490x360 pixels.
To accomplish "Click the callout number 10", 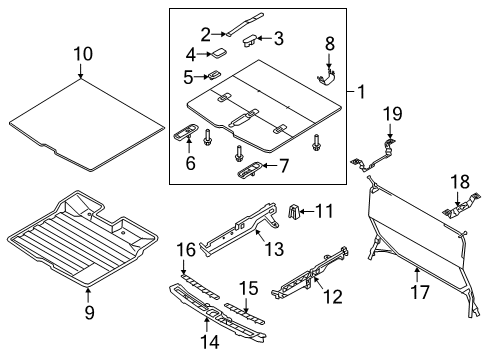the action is click(x=83, y=54).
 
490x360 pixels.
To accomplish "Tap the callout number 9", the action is click(x=89, y=313).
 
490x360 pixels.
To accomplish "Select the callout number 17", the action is click(x=420, y=292).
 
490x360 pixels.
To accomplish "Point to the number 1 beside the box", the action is click(x=361, y=92).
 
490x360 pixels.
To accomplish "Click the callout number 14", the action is click(x=210, y=342).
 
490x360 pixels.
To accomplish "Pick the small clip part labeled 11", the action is click(x=293, y=212).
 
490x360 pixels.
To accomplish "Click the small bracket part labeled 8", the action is click(x=326, y=78).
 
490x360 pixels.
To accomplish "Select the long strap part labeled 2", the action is click(x=245, y=24).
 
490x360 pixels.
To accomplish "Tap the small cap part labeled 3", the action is click(x=250, y=42).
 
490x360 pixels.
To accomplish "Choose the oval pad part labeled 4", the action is click(x=217, y=53).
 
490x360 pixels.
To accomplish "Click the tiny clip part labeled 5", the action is click(x=214, y=75).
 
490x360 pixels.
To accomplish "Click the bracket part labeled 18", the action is click(x=462, y=206).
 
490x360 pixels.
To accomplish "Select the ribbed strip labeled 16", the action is click(x=200, y=287).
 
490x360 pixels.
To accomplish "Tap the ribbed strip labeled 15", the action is click(x=244, y=314).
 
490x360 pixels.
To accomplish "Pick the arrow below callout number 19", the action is click(x=390, y=131).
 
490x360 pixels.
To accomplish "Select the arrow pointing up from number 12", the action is click(x=318, y=281).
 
